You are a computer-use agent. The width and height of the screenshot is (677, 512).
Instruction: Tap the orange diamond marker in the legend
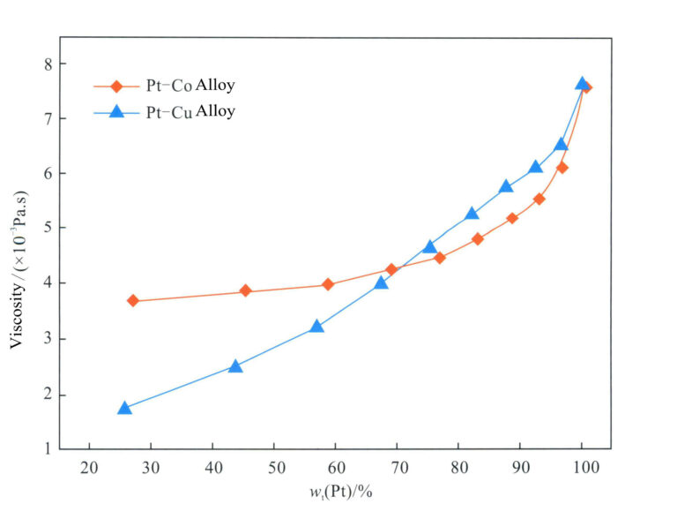tap(115, 87)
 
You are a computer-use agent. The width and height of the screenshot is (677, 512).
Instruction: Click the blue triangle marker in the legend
tap(115, 112)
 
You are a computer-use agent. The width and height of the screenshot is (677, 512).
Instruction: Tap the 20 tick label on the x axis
tap(89, 468)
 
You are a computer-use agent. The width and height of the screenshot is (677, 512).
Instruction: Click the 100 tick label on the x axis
tap(582, 468)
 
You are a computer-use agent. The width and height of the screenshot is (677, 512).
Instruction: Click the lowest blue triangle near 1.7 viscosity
tap(124, 408)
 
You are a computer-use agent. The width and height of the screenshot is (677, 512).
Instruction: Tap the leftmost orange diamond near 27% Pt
tap(133, 301)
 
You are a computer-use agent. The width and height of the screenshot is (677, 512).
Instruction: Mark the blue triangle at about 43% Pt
tap(235, 365)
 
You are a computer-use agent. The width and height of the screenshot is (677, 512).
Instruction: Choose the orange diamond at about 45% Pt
tap(245, 291)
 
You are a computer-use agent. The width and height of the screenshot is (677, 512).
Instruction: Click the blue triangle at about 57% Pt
tap(316, 327)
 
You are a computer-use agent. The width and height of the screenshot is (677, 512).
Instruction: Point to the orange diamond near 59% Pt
tap(328, 284)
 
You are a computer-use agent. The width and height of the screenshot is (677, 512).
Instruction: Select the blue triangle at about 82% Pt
tap(472, 214)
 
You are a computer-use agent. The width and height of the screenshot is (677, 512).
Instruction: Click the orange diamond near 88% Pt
tap(512, 218)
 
